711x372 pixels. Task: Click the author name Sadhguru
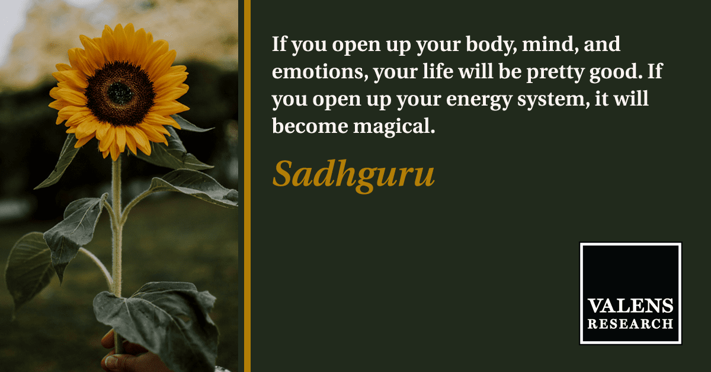coord(353,176)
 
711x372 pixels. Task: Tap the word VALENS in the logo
coord(630,306)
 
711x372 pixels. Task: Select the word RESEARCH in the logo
coord(630,324)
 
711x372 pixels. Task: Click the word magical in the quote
coord(394,127)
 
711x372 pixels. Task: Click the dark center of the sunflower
coord(120,94)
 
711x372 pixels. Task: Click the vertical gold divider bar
coord(247,186)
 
